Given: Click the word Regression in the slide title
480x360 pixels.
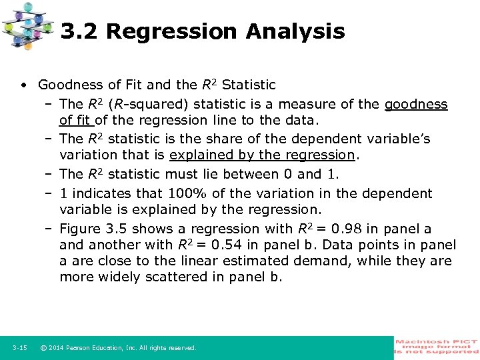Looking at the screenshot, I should coord(171,31).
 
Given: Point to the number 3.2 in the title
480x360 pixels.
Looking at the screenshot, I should coord(79,31).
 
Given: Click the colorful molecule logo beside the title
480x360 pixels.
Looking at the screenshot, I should coord(28,26).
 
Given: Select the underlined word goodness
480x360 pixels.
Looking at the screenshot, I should coord(416,104).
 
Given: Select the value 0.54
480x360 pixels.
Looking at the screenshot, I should coord(231,245).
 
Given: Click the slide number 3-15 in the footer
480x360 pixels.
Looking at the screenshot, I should coord(19,348).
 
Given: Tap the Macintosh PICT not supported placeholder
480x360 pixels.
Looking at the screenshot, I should coord(436,346).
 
